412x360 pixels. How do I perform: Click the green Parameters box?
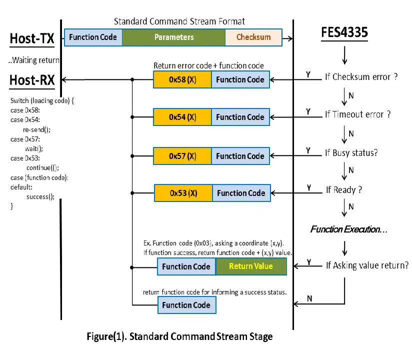coord(173,37)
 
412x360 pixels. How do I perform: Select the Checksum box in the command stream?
coord(253,37)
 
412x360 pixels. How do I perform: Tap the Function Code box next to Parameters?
coord(93,37)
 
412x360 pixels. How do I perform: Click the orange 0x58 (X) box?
coord(182,79)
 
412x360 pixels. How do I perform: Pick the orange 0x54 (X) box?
coord(182,117)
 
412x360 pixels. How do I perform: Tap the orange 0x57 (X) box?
coord(182,156)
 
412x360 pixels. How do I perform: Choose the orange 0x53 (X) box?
coord(183,193)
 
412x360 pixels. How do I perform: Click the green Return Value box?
coord(251,266)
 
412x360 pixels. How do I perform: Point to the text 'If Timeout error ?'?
coord(357,114)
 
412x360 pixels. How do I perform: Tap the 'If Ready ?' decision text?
coord(344,190)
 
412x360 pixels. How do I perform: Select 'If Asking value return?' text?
coord(367,265)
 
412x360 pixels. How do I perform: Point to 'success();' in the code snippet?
coord(39,197)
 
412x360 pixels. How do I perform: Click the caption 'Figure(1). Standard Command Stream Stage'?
coord(180,336)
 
